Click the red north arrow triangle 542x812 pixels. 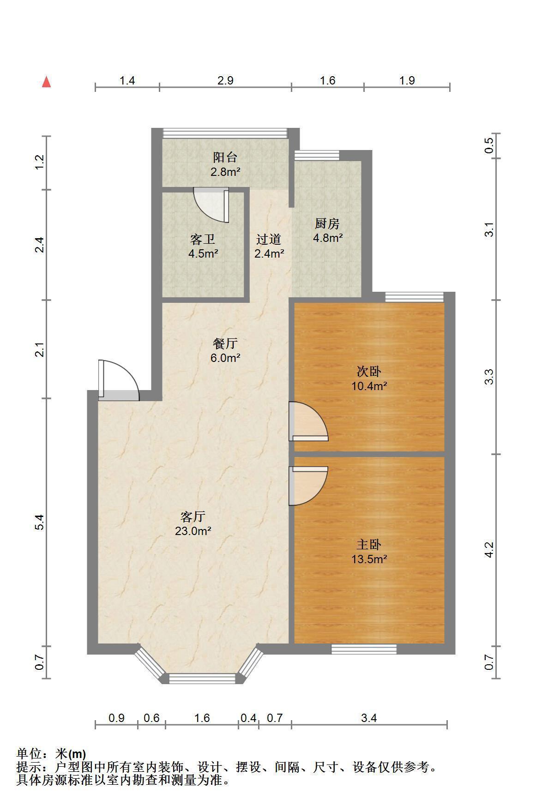tap(46, 82)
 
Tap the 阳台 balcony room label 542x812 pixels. tap(225, 157)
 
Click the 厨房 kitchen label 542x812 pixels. tap(327, 224)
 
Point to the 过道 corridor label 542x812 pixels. tap(269, 239)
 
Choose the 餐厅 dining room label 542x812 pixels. tap(225, 343)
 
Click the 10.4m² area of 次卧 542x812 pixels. tap(369, 386)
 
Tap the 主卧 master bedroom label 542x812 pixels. tap(369, 545)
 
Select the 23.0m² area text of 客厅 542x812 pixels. tap(193, 531)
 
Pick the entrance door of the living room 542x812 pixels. tap(118, 379)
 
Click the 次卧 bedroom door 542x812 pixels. tap(308, 421)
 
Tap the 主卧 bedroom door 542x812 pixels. tap(308, 486)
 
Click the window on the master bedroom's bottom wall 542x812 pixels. tap(364, 650)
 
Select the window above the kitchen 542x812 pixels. tap(317, 156)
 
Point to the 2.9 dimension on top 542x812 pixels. tap(225, 80)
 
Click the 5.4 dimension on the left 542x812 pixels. tap(40, 522)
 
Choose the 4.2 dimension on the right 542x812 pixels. tap(489, 550)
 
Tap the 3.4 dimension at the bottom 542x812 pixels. tap(369, 718)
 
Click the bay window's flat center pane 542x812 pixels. tap(202, 678)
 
